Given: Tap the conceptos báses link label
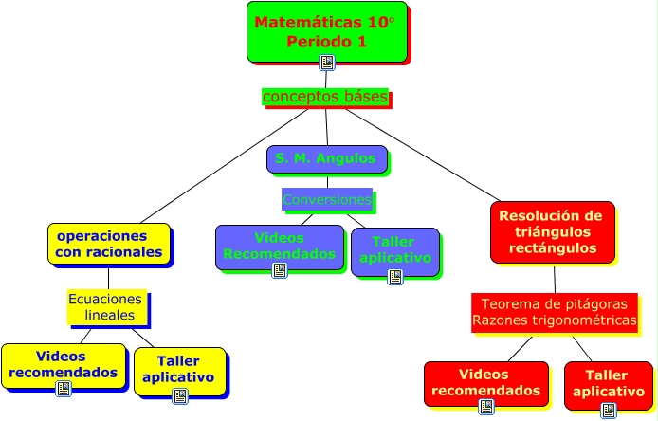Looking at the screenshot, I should tap(324, 97).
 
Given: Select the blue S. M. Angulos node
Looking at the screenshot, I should tap(325, 158).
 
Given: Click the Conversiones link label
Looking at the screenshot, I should tap(327, 200).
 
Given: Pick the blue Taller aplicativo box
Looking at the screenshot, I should tap(394, 249).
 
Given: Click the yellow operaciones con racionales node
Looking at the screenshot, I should tap(108, 243).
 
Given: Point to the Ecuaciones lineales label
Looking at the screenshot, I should tap(105, 306).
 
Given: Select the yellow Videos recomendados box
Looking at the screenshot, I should tap(63, 363).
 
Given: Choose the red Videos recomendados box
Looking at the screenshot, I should tap(484, 381).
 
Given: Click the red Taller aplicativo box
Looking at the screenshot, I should tap(608, 383).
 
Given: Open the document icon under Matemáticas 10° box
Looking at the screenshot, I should tap(327, 63).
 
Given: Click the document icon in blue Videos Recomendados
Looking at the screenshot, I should tap(280, 270).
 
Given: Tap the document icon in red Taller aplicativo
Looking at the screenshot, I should tap(609, 410).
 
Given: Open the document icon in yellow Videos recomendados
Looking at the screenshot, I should tap(64, 389).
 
